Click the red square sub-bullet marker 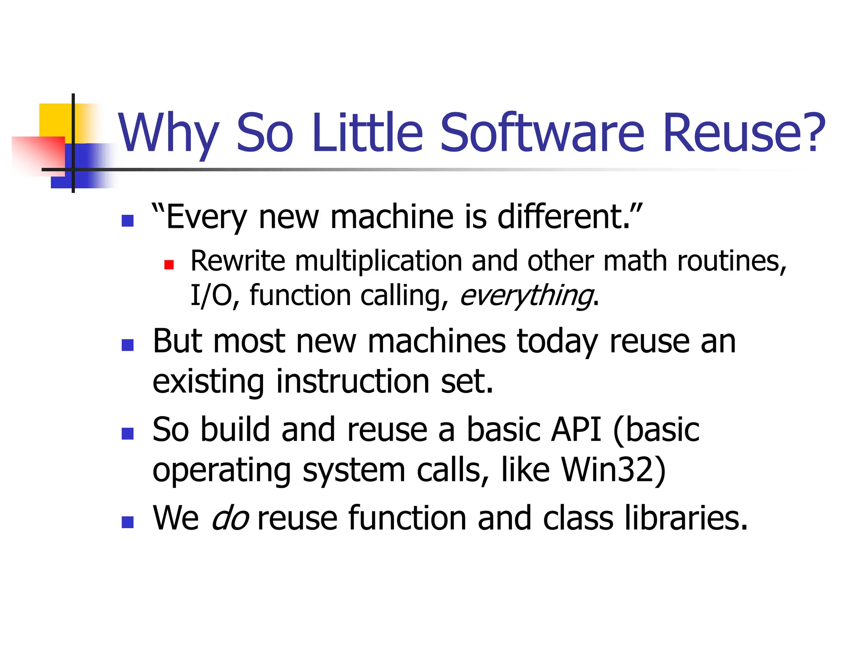(169, 265)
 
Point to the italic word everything (526, 296)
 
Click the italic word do (230, 518)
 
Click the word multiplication (378, 261)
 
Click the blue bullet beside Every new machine (128, 221)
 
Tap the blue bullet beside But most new (128, 345)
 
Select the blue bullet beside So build (128, 434)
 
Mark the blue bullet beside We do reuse (128, 522)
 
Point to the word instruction (353, 382)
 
